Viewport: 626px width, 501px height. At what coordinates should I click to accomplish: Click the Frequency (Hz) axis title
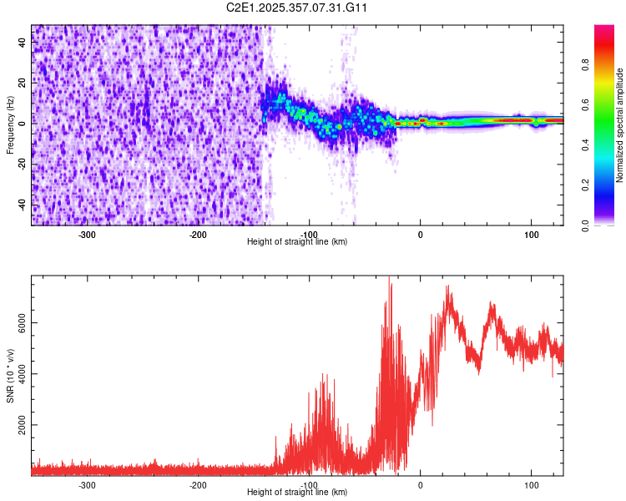click(x=10, y=125)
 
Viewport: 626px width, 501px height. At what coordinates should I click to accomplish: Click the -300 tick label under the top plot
click(x=88, y=235)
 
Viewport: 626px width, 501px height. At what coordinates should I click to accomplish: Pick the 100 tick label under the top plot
click(x=531, y=235)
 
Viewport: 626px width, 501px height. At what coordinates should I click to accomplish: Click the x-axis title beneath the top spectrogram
click(x=297, y=242)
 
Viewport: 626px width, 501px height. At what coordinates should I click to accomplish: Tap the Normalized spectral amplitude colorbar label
click(x=620, y=125)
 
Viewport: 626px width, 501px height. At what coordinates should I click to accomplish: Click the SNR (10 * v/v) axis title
click(x=10, y=375)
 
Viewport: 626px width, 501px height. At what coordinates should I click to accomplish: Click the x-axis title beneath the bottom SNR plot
click(x=297, y=493)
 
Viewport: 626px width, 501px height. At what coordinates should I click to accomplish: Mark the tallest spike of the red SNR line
click(x=389, y=278)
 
